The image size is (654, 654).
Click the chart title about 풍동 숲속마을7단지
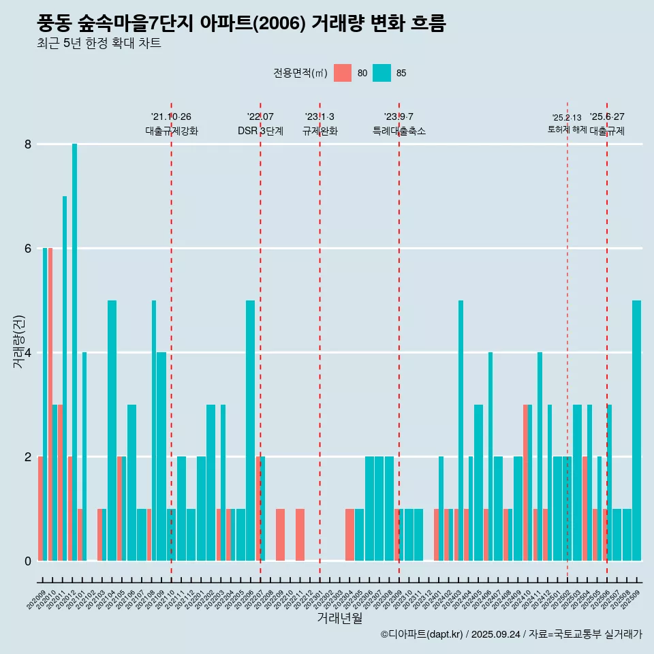coord(241,24)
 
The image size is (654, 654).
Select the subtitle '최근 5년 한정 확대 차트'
coord(99,44)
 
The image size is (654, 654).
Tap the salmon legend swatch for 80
coord(343,73)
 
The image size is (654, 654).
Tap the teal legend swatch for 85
coord(382,73)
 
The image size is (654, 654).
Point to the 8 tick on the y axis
coord(28,144)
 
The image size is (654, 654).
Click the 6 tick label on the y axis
coord(28,249)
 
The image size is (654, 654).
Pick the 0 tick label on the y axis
coord(28,561)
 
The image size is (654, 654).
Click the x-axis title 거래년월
coord(339,618)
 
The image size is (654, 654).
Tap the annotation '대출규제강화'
coord(172,131)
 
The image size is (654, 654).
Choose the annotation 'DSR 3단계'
coord(260,131)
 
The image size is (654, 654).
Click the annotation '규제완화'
coord(320,131)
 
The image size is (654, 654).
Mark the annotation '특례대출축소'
coord(399,131)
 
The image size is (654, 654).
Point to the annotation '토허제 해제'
coord(567,129)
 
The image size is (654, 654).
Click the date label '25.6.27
coord(607,117)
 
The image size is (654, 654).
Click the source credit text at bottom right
coord(511,634)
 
